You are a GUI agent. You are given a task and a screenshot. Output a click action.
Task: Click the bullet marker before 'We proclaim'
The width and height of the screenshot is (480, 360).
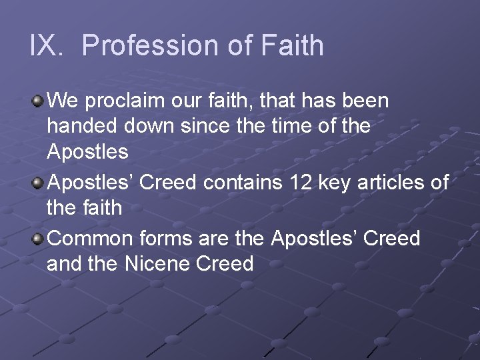coord(38,101)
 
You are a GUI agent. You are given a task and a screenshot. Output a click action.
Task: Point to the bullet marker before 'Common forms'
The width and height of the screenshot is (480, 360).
coord(38,238)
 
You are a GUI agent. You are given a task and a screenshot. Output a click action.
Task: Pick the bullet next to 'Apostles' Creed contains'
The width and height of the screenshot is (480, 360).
coord(38,183)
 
